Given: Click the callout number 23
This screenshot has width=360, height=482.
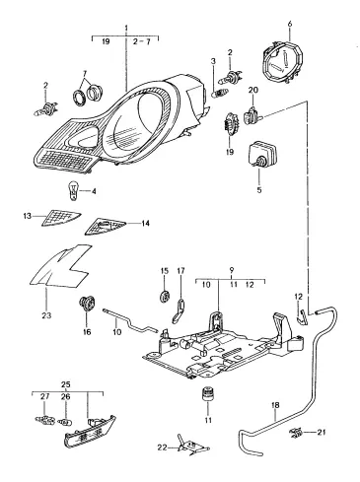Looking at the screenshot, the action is click(46, 315).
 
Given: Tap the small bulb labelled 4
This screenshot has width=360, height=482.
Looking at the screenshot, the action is click(73, 190).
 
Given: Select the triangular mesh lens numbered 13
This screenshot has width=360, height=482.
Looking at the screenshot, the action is click(61, 218).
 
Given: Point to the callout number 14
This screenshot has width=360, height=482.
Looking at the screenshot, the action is click(145, 224).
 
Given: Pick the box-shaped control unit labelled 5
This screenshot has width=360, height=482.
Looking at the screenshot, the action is click(261, 153).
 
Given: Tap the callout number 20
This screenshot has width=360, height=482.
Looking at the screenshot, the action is click(253, 90).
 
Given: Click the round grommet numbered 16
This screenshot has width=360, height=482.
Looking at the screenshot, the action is click(87, 303).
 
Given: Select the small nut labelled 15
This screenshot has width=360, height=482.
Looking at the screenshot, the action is click(165, 296).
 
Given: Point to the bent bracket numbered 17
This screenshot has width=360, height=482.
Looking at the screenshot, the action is click(179, 310).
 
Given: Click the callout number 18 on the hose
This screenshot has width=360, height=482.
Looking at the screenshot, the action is click(275, 405).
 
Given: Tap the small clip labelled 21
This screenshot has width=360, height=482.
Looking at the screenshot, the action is click(296, 434).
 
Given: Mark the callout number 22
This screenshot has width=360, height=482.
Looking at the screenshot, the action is click(162, 448).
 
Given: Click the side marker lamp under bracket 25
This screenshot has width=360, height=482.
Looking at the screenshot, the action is click(90, 433).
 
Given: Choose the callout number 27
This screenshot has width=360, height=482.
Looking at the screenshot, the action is click(44, 396).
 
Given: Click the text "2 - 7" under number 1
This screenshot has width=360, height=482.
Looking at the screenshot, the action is click(142, 41).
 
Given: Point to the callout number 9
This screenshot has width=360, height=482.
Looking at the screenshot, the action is click(232, 270).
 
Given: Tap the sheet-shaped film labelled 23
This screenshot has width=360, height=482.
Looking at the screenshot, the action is click(61, 265).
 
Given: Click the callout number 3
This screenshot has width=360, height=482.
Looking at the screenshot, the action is click(213, 61).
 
